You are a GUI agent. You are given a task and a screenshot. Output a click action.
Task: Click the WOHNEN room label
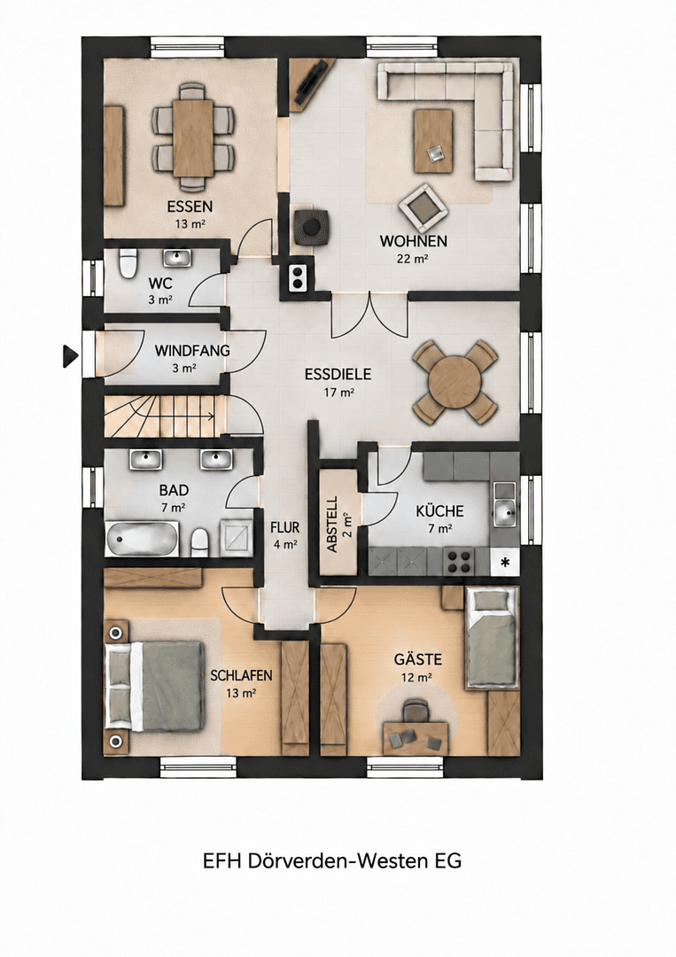[413, 241]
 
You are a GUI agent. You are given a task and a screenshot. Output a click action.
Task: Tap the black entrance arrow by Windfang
[70, 356]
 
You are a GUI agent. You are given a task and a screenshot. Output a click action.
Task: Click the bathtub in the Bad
[142, 539]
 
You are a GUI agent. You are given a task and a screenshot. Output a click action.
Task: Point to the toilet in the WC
[127, 263]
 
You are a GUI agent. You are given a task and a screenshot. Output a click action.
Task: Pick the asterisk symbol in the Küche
[505, 562]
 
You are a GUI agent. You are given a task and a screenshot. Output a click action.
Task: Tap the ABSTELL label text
[333, 525]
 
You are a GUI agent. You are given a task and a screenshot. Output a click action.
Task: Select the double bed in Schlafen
[154, 685]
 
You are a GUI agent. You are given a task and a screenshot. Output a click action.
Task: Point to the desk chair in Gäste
[416, 712]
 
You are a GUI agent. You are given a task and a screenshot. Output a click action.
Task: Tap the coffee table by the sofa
[433, 141]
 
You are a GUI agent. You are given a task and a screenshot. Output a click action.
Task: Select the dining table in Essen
[193, 138]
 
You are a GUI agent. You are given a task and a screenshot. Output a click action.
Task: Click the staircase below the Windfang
[160, 416]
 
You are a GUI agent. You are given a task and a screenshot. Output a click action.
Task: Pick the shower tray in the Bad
[236, 537]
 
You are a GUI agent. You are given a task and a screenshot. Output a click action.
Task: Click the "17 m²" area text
[338, 393]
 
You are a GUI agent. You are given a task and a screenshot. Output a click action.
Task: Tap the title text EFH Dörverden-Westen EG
[332, 860]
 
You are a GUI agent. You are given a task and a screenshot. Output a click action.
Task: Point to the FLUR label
[285, 527]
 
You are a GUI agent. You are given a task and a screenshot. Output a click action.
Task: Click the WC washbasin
[177, 258]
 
